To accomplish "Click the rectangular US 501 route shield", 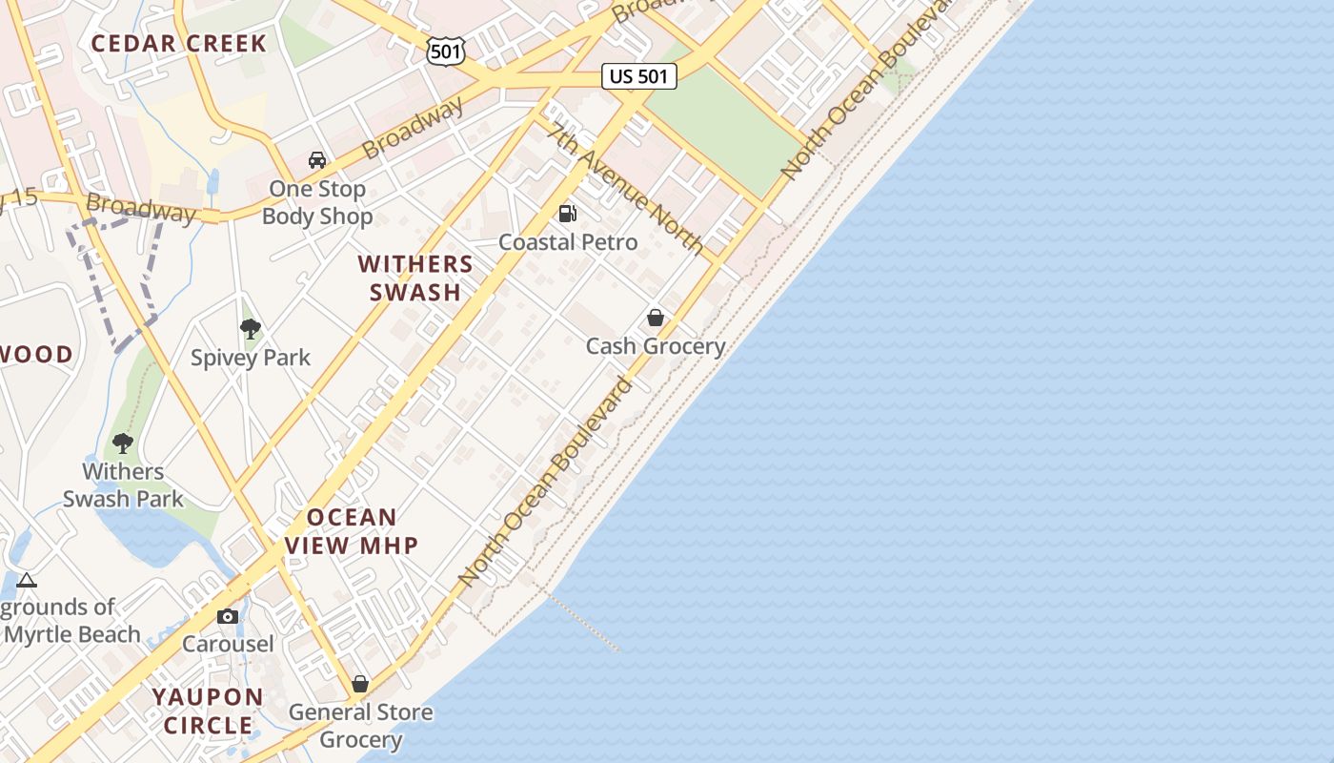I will click(x=639, y=76).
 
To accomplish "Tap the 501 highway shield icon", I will click(x=446, y=51).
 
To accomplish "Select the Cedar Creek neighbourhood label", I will click(x=179, y=43).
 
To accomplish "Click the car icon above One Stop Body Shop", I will click(x=317, y=160).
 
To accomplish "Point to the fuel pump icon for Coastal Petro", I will click(x=568, y=214).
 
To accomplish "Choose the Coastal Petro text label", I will click(x=568, y=242).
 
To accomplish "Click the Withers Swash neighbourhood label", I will click(x=415, y=278).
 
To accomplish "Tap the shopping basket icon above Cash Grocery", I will click(x=656, y=318).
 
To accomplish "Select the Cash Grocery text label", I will click(x=656, y=346).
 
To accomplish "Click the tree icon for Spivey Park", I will click(x=251, y=330).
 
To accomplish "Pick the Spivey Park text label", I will click(x=251, y=358).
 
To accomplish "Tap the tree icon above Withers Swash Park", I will click(x=123, y=443).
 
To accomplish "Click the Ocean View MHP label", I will click(x=352, y=531).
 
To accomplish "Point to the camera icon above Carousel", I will click(x=228, y=616).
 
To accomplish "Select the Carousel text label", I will click(x=228, y=644).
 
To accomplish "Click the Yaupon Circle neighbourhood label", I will click(x=208, y=711).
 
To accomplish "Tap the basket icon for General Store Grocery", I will click(x=360, y=684).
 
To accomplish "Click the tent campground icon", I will click(x=27, y=580).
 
